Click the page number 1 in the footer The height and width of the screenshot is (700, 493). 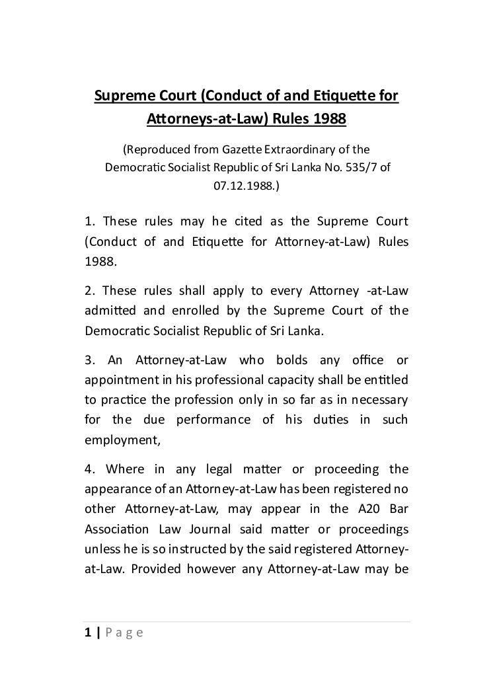[88, 633]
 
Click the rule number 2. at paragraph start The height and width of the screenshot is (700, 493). [89, 291]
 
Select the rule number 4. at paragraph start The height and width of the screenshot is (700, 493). [90, 469]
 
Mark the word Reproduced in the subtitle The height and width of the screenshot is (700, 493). [162, 149]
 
